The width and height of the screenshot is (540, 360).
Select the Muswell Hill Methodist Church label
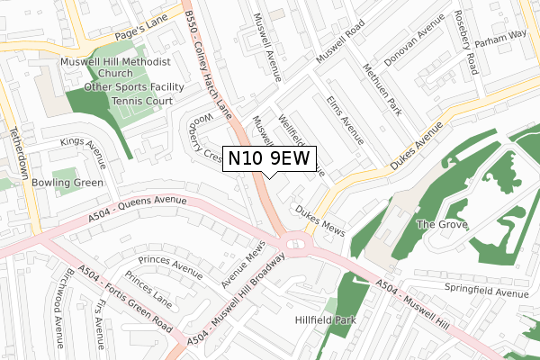114,68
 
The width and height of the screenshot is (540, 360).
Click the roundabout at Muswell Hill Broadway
294,242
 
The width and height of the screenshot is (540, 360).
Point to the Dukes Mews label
319,216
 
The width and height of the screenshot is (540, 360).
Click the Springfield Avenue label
485,292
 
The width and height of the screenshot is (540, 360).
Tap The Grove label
441,224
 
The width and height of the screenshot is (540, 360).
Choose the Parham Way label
501,34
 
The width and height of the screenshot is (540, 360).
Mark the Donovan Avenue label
416,42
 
